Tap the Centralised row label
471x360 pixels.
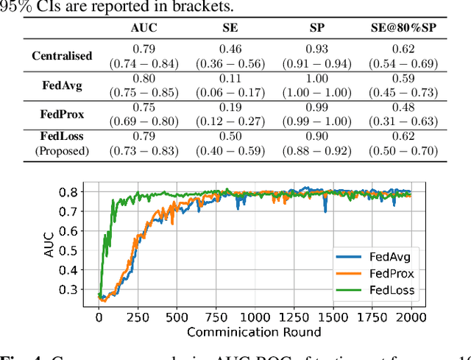click(62, 55)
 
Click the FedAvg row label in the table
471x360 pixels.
click(62, 85)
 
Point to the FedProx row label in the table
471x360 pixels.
click(62, 114)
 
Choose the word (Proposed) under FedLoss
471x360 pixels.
click(62, 151)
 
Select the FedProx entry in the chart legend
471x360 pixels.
click(385, 274)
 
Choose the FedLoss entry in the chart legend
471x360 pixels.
click(385, 290)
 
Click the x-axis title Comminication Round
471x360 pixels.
click(255, 332)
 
